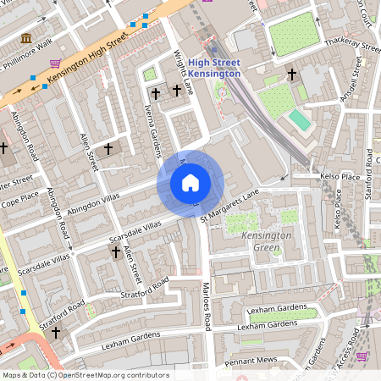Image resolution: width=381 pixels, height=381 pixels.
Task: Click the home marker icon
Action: pos(190,182)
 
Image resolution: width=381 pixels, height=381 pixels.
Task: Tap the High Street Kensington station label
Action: pos(214,68)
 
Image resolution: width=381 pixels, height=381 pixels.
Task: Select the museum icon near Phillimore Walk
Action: pos(26,39)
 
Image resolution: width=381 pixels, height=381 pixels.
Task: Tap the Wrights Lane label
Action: pos(184,73)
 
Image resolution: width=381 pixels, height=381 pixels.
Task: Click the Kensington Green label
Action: pos(267,240)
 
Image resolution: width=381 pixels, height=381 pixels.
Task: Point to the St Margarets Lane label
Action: pos(229,207)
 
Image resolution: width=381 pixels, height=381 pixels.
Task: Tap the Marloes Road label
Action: pos(205,306)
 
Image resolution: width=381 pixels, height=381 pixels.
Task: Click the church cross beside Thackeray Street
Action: pos(293,75)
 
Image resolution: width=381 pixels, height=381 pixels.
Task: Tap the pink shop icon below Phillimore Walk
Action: pos(56,63)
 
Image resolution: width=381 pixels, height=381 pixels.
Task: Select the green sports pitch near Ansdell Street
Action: pos(300,120)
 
